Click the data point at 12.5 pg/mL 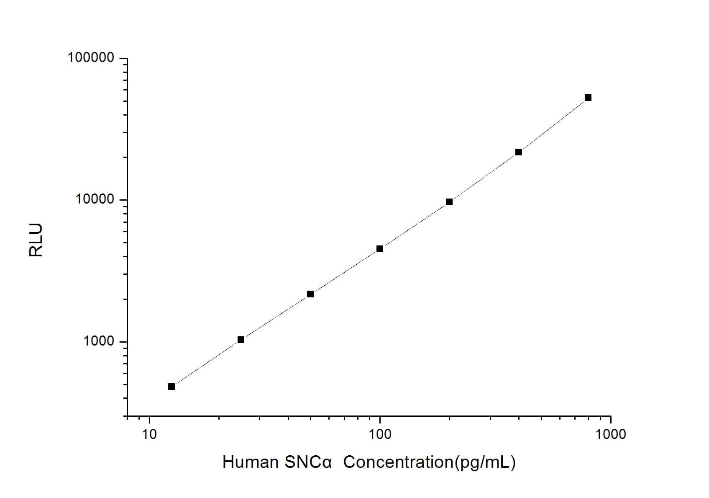(x=171, y=387)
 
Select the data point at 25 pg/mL (x=241, y=340)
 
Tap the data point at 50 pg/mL (x=310, y=294)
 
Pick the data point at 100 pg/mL (x=380, y=249)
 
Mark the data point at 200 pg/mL (x=449, y=202)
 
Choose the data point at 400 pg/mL (x=519, y=152)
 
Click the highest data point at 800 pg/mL (x=588, y=98)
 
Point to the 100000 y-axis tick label (x=91, y=57)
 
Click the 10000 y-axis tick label (x=95, y=199)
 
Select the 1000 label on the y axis (x=99, y=341)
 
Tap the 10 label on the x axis (x=149, y=434)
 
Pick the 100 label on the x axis (x=380, y=434)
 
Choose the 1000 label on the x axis (x=611, y=434)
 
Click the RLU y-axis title (x=36, y=240)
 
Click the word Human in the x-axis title (x=250, y=462)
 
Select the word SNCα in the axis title (x=307, y=462)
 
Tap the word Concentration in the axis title (x=398, y=462)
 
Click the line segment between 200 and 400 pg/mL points (x=484, y=177)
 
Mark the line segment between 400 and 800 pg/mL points (x=553, y=125)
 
